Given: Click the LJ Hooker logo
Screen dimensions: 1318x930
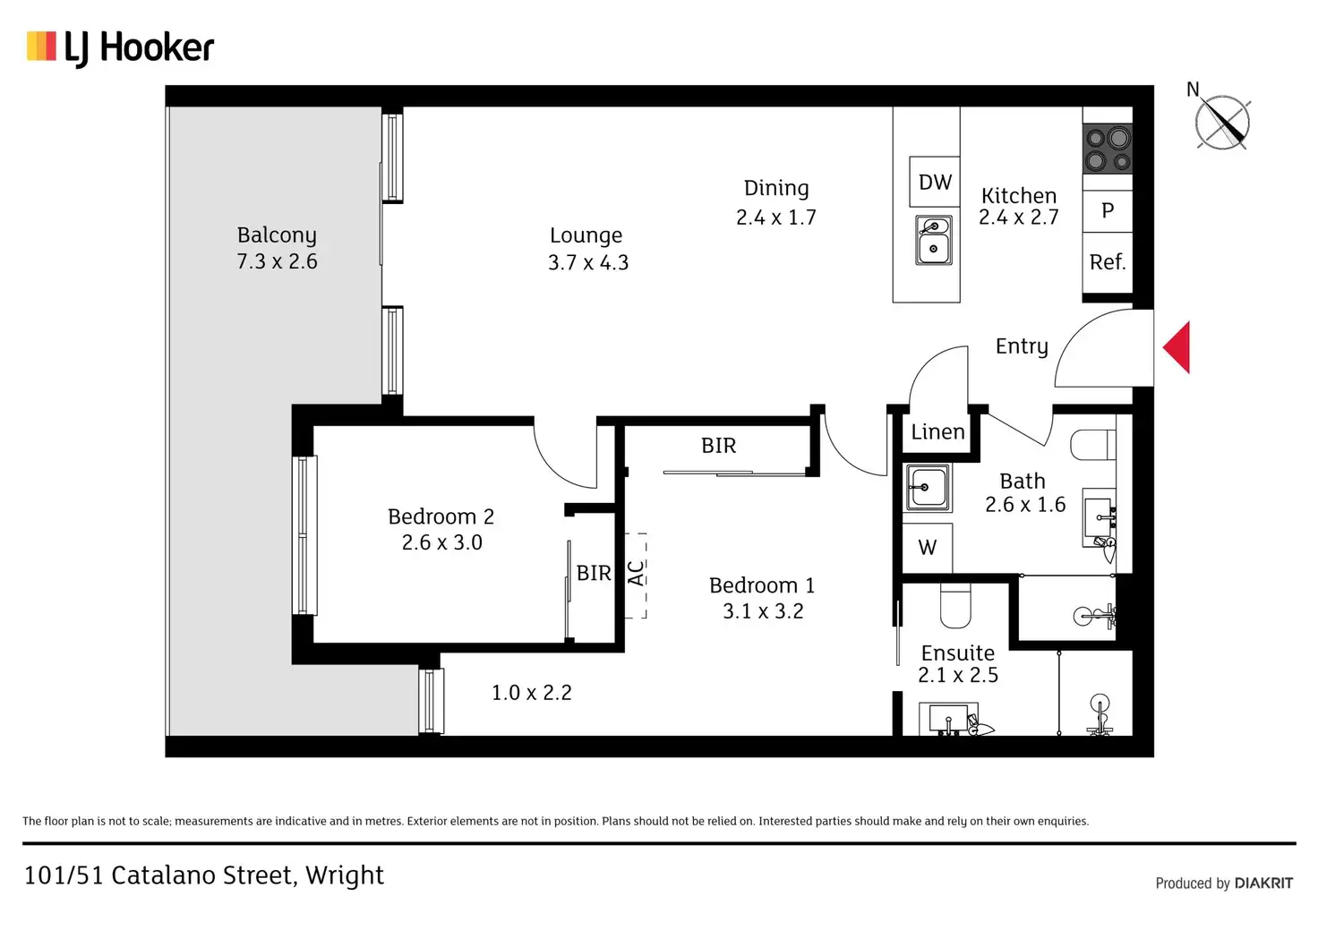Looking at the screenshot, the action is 120,48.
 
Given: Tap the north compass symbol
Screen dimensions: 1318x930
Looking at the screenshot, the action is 1221,121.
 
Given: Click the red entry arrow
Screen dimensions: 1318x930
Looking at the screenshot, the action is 1177,347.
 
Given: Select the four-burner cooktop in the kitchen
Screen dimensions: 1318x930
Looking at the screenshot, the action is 1108,149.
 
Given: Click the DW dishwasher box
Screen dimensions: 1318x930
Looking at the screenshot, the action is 935,182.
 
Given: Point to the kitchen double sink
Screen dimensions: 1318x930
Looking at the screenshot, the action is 933,240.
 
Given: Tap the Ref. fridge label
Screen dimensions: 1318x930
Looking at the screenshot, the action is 1108,261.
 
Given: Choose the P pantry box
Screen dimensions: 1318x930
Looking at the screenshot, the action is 1108,210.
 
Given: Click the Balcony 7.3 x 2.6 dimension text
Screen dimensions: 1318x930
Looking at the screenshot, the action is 278,261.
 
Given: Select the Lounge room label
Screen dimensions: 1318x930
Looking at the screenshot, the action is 586,235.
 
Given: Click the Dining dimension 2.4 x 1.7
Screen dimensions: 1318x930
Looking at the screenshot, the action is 776,218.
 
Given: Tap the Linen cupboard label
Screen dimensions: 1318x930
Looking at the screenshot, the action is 937,431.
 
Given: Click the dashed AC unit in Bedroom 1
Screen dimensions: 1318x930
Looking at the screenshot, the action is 636,576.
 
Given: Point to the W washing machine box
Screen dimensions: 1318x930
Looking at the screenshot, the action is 928,548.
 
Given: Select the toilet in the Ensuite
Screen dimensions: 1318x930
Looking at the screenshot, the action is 955,605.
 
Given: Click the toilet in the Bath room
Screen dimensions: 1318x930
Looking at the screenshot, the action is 1092,445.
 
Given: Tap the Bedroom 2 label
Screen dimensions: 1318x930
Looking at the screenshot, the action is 441,516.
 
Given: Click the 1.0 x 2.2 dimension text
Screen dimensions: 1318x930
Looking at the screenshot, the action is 531,692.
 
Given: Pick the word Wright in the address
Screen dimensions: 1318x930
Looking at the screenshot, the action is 344,875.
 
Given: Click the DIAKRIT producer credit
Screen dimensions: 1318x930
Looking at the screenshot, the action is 1263,883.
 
